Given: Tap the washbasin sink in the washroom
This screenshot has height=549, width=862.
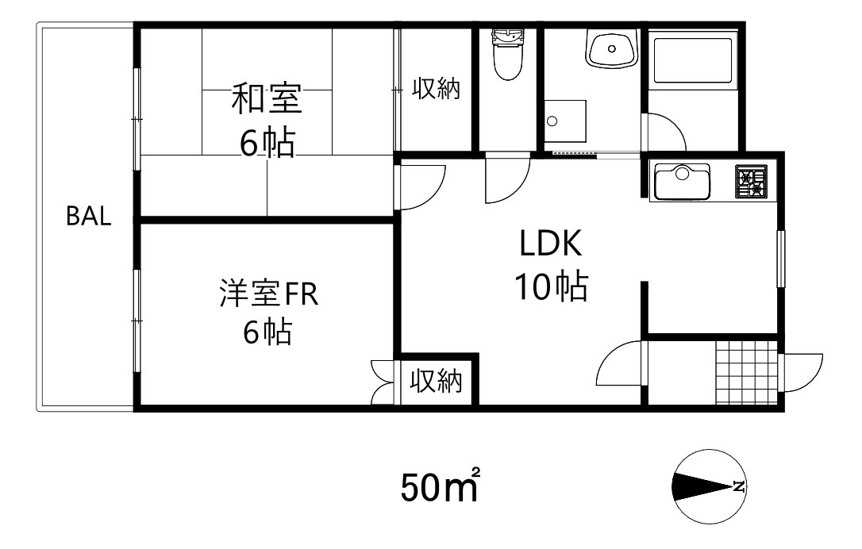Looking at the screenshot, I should pyautogui.click(x=611, y=48).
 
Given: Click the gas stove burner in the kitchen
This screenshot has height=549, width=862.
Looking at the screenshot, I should pyautogui.click(x=751, y=182).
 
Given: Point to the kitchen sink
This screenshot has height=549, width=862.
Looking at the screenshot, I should pyautogui.click(x=680, y=182).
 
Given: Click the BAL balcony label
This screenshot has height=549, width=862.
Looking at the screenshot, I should pyautogui.click(x=88, y=217).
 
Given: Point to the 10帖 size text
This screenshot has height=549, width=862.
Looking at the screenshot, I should pyautogui.click(x=552, y=286).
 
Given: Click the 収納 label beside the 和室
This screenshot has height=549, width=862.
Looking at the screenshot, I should pyautogui.click(x=435, y=88).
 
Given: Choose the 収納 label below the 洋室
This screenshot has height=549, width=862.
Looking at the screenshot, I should pyautogui.click(x=436, y=382).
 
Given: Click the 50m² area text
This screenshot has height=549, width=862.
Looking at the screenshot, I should pyautogui.click(x=439, y=486).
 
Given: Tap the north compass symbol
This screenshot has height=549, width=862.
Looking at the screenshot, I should pyautogui.click(x=709, y=486).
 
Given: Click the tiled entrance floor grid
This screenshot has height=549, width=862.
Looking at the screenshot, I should pyautogui.click(x=746, y=372).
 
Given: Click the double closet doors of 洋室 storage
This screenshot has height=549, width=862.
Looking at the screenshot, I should pyautogui.click(x=383, y=382).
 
